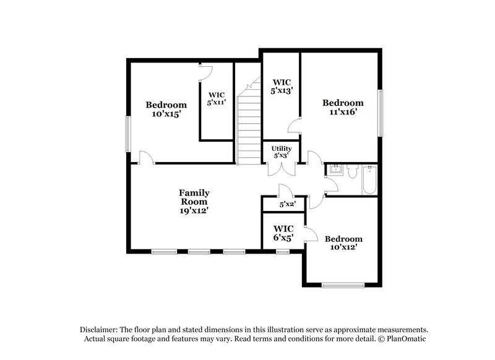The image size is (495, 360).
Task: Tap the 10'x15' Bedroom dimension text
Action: [166, 114]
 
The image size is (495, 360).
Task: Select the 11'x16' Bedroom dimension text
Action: [342, 112]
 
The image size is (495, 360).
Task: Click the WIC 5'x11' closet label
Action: [217, 98]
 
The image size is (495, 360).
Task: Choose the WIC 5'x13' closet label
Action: [282, 86]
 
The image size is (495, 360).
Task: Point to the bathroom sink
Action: [335, 169]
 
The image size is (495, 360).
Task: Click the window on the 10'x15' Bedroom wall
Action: [128, 133]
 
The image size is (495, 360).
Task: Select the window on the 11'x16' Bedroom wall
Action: [381, 113]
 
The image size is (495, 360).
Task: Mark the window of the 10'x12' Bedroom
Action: [342, 285]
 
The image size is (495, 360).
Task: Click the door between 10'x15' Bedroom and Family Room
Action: [147, 158]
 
